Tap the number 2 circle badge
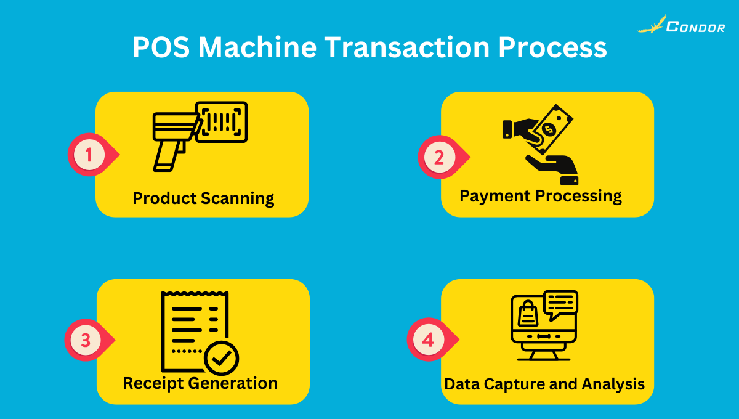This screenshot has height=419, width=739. [438, 157]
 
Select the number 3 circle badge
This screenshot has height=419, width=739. [86, 340]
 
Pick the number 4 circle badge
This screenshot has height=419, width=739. [428, 340]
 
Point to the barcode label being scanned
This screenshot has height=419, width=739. [222, 121]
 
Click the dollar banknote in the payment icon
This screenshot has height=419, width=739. [549, 128]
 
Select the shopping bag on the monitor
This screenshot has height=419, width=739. [528, 314]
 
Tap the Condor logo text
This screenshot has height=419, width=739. [696, 27]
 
